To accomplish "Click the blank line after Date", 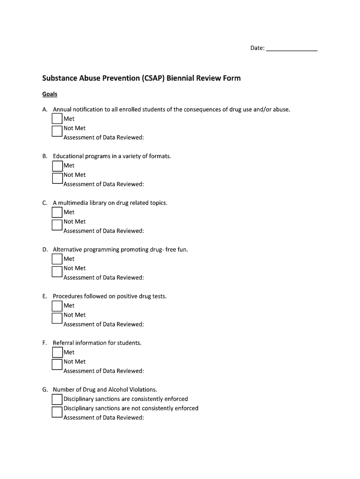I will coord(291,49).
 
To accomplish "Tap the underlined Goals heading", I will coord(50,94).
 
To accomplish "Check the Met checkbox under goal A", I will coord(57,119).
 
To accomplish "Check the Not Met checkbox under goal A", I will coord(57,131).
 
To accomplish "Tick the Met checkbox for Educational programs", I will coord(57,166).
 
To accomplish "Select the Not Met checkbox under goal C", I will coord(57,224).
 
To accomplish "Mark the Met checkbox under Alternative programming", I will coord(57,259).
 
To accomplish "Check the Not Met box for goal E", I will coord(57,318).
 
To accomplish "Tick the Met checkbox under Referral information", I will coord(57,352).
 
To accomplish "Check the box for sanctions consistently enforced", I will coord(57,399).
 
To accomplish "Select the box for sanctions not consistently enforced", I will coord(57,411).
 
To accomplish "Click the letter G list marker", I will coord(44,390).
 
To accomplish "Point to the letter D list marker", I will coord(44,249).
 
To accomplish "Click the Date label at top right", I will coord(257,48).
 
